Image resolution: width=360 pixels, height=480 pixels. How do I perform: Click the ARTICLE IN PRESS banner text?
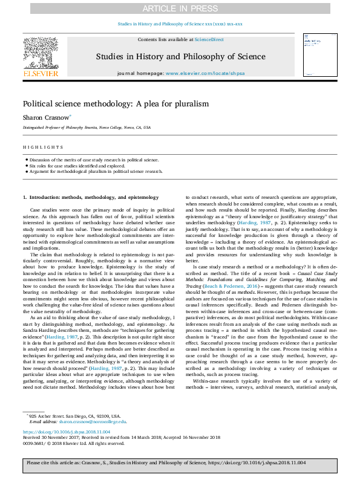point(180,8)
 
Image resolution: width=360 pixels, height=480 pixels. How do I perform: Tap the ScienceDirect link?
point(208,39)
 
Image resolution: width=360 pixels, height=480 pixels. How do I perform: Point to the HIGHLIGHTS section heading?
point(43,148)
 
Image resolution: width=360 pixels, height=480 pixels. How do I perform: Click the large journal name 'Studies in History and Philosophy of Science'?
point(180,57)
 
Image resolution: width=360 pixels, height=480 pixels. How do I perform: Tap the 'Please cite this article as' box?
point(180,462)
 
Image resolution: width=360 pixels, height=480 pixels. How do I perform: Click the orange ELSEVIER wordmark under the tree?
point(40,74)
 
